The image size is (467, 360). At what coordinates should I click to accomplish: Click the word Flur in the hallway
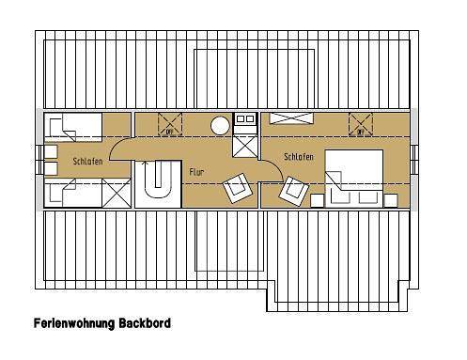[x=195, y=173]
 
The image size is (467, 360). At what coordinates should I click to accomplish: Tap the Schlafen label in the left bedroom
[x=87, y=162]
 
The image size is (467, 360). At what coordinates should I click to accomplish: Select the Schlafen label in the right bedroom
[x=299, y=157]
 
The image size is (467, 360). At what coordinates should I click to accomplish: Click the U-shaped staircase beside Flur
[x=156, y=180]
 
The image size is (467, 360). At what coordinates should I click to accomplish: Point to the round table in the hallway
[x=220, y=124]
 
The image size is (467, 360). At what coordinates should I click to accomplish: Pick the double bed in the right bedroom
[x=353, y=176]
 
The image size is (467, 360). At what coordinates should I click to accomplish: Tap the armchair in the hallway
[x=238, y=188]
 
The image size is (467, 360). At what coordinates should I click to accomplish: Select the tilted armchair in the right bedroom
[x=294, y=192]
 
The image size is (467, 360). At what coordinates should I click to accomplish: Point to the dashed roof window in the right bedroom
[x=362, y=123]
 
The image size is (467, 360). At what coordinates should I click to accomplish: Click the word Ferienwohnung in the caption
[x=74, y=321]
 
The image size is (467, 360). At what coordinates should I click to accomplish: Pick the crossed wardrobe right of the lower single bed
[x=117, y=195]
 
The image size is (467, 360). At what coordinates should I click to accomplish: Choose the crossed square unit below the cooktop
[x=246, y=146]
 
